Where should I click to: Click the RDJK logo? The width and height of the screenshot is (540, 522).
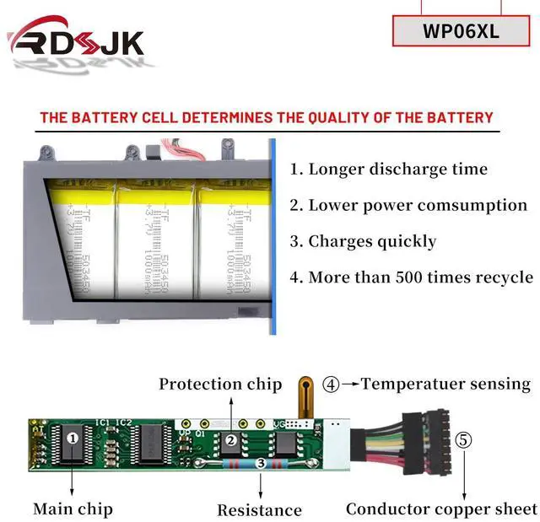click(76, 42)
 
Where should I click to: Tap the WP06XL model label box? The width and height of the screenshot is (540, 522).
click(462, 33)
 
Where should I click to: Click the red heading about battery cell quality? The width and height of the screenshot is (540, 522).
click(266, 117)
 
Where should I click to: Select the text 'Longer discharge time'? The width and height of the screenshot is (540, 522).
click(389, 169)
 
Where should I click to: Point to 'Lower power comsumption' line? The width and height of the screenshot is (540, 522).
click(408, 205)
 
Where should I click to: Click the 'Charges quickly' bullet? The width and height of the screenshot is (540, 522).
click(364, 241)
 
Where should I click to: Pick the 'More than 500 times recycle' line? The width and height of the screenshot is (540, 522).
click(411, 277)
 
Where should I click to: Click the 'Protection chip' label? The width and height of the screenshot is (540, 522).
click(220, 385)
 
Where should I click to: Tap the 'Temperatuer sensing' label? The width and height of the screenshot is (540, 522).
click(445, 384)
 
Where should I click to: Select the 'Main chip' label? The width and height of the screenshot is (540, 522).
click(73, 509)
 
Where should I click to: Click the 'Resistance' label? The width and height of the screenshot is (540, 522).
click(259, 509)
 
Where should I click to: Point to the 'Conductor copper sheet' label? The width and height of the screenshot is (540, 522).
click(441, 509)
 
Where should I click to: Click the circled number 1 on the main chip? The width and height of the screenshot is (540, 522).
click(73, 438)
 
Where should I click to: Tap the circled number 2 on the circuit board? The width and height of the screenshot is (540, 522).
click(229, 440)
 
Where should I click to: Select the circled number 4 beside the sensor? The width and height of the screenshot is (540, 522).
click(332, 385)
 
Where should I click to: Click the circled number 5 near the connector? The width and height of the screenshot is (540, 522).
click(464, 440)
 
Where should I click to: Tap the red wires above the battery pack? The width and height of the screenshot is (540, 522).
click(185, 151)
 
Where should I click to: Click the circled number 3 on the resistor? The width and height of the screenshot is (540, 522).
click(260, 463)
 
